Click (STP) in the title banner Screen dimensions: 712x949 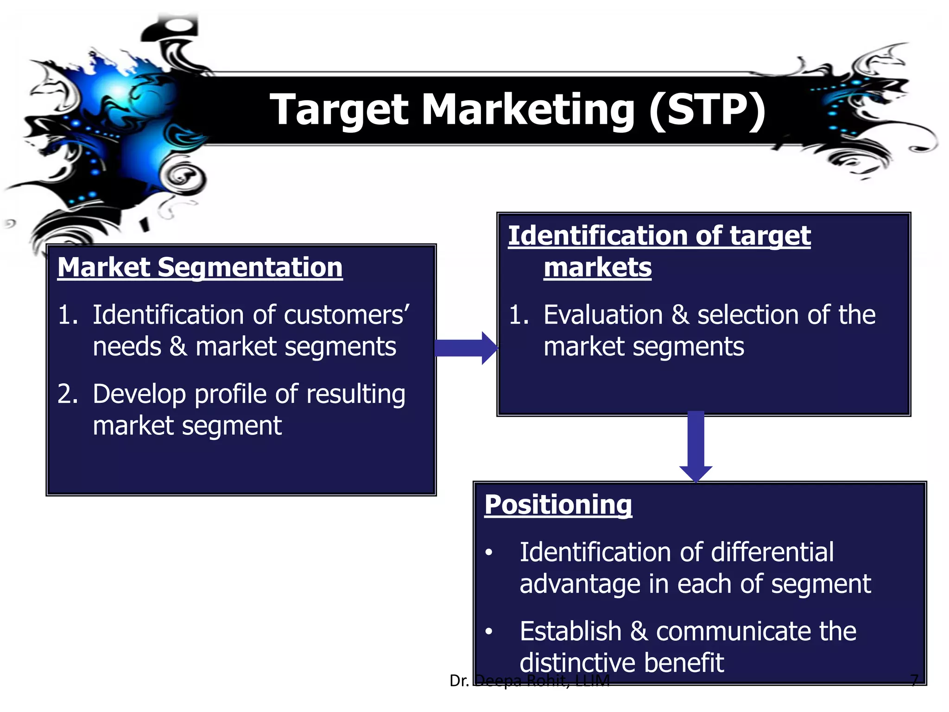pos(707,110)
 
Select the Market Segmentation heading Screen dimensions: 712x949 pos(200,267)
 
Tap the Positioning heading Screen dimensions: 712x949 pos(558,504)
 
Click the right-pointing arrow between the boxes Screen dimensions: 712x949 pos(466,348)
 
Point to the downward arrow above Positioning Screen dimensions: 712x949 pos(696,445)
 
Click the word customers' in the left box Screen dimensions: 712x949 pos(347,315)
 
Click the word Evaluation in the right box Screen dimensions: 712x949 pos(603,315)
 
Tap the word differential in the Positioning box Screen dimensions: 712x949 pos(772,552)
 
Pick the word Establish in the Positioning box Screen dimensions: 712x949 pos(570,631)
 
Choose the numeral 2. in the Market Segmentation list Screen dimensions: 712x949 pos(68,394)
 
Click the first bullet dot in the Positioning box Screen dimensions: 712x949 pos(489,553)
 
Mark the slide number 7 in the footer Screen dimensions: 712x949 pos(914,680)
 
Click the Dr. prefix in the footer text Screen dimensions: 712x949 pos(459,680)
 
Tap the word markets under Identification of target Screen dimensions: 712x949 pos(597,267)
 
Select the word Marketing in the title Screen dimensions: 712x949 pos(528,110)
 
